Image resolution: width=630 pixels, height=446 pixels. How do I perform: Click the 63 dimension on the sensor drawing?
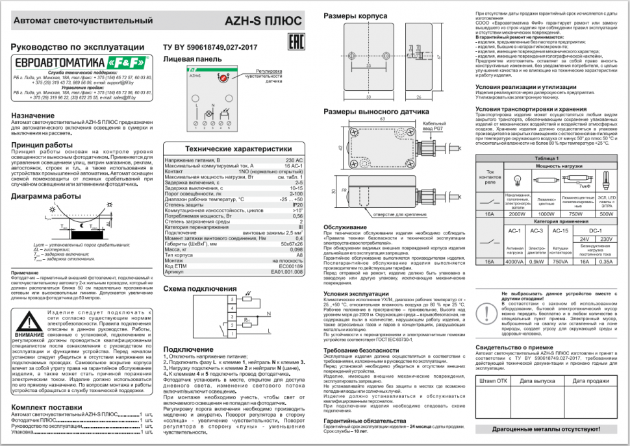[383, 119]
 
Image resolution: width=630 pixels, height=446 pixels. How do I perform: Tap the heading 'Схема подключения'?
[199, 288]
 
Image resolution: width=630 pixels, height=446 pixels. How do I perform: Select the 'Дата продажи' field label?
[591, 381]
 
